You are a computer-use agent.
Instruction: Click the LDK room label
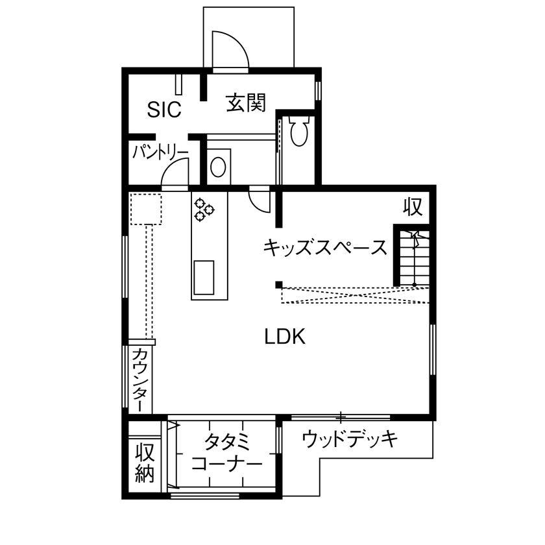tap(285, 337)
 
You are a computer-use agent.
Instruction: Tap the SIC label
tap(163, 110)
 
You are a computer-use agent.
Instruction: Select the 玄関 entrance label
tap(246, 103)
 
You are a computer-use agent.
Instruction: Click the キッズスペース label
tap(325, 247)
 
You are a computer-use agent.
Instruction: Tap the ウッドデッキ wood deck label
tap(350, 439)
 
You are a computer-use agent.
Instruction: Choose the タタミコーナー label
tap(227, 454)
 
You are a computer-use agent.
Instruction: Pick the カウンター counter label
tap(139, 380)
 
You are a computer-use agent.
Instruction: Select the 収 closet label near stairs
tap(413, 207)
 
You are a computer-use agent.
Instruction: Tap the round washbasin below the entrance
tap(218, 167)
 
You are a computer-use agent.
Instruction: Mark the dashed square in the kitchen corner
tap(145, 208)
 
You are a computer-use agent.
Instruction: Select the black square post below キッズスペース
tap(278, 284)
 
